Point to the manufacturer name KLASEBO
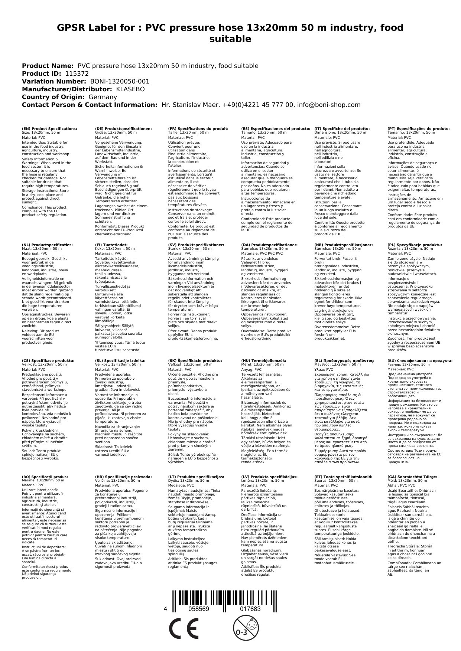(130, 89)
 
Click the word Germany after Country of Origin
(103, 97)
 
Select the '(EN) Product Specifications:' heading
(49, 128)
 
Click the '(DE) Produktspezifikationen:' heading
(123, 128)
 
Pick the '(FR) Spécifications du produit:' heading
(198, 128)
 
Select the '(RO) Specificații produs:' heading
(45, 477)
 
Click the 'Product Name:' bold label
(48, 66)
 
